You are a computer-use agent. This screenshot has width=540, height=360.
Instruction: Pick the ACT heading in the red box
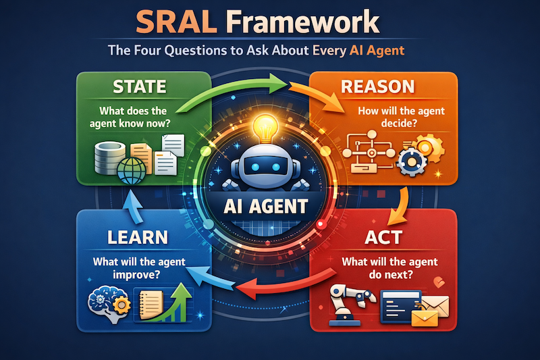click(x=383, y=237)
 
